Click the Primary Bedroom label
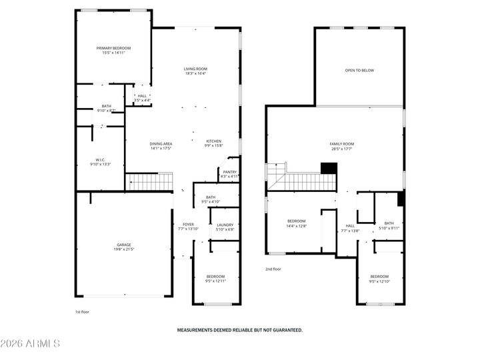113,48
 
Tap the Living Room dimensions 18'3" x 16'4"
196,73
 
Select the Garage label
124,245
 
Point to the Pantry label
229,172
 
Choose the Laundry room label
225,225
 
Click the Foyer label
189,225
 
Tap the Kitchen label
213,141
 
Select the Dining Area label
161,144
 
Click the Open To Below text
359,70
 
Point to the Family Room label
341,144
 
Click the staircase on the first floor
149,180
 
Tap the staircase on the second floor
303,181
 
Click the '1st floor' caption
81,311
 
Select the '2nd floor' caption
273,269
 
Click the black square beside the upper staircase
327,167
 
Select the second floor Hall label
350,226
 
